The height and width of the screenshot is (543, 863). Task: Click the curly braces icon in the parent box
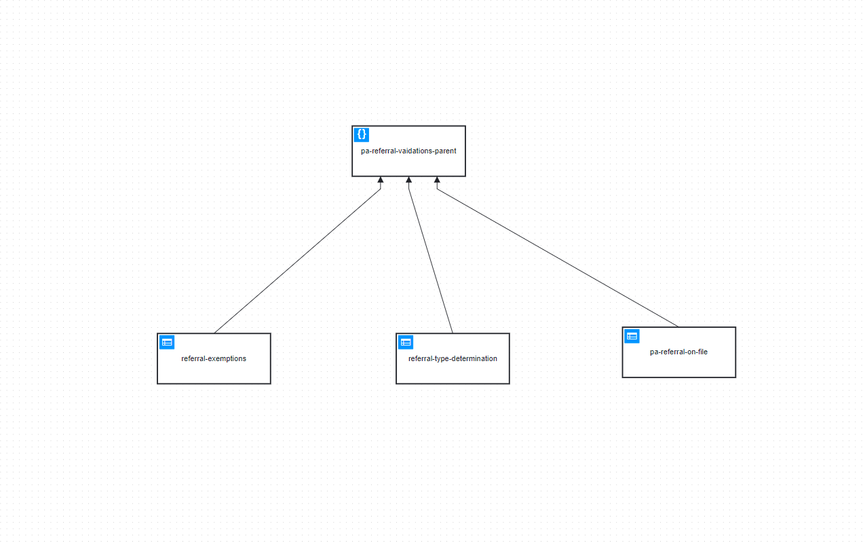(x=362, y=135)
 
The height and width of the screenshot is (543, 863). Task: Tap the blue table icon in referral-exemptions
(x=167, y=342)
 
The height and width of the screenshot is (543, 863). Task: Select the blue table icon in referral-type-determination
(x=406, y=342)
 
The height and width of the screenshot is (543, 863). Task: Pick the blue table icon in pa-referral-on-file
(x=632, y=336)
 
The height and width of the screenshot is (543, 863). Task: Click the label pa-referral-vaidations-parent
(x=408, y=151)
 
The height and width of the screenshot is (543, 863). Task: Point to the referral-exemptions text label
(x=214, y=359)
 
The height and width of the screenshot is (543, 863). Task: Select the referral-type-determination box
(x=453, y=358)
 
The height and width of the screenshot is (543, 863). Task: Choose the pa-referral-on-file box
(x=679, y=352)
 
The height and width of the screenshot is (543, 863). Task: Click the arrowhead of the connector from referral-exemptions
(x=381, y=180)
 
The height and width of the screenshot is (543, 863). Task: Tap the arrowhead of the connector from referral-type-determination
(x=408, y=180)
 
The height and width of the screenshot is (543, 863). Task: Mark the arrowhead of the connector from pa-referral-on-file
(x=437, y=180)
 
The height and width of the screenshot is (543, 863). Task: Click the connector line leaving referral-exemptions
(x=297, y=261)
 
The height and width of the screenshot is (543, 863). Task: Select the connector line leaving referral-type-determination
(x=431, y=261)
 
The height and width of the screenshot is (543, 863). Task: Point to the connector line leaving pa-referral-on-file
(x=558, y=258)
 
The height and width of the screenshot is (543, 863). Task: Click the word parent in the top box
(x=445, y=151)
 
